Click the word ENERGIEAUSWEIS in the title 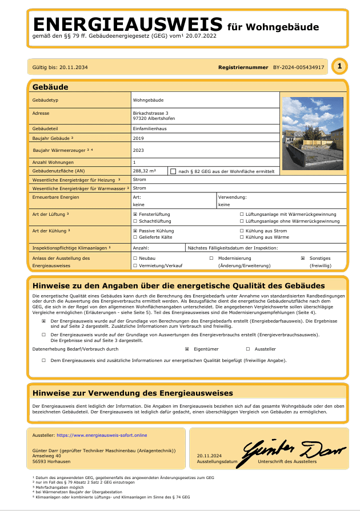tap(127, 24)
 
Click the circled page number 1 tap(339, 67)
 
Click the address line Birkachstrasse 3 tap(151, 113)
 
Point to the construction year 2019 tap(138, 138)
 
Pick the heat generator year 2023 tap(138, 150)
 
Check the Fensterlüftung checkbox tap(135, 215)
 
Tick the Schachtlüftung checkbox tap(135, 221)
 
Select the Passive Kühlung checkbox tap(135, 231)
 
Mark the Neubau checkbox tap(135, 258)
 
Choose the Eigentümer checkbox tap(187, 348)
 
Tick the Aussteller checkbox tap(247, 348)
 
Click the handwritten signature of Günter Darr tap(295, 452)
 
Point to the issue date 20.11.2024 tap(208, 456)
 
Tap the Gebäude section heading tap(51, 87)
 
